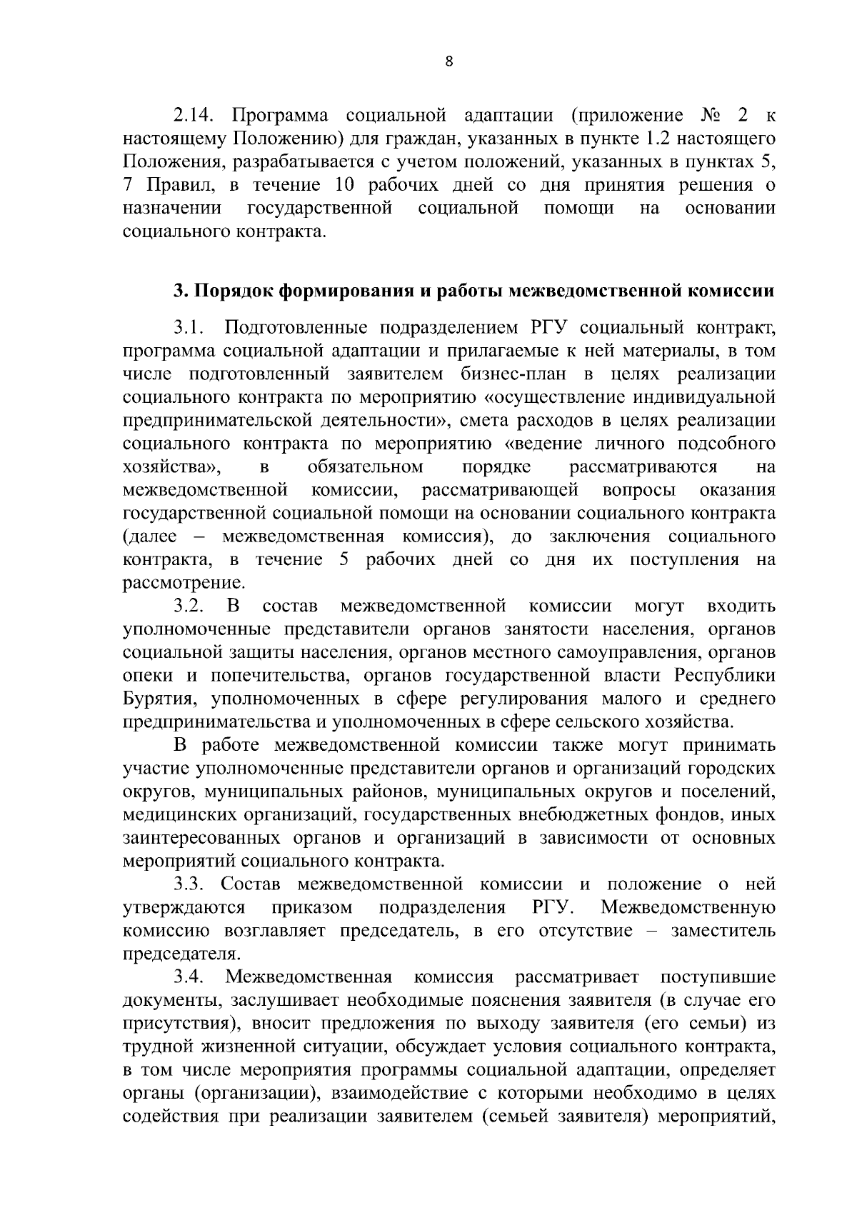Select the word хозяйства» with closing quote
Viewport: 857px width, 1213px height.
coord(171,467)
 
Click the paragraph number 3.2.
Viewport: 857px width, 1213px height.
coord(189,606)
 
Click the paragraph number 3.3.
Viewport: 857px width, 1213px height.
coord(189,884)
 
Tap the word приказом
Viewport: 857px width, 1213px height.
coord(312,907)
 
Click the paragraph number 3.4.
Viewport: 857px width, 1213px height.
coord(189,977)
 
